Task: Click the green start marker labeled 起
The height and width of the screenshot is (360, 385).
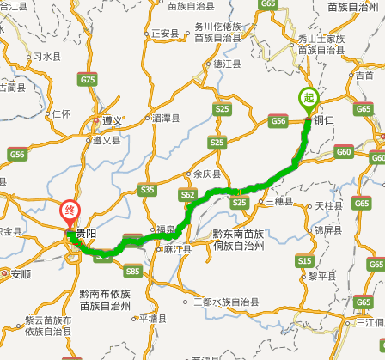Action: pyautogui.click(x=307, y=99)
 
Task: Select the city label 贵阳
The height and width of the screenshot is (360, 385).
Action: pyautogui.click(x=86, y=234)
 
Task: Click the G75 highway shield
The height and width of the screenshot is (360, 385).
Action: pyautogui.click(x=87, y=79)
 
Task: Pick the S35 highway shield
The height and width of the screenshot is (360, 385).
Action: pyautogui.click(x=147, y=189)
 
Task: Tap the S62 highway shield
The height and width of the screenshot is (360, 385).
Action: pyautogui.click(x=187, y=195)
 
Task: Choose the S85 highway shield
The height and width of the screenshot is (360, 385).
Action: pyautogui.click(x=132, y=271)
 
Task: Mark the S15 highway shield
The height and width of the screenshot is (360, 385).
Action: pyautogui.click(x=304, y=260)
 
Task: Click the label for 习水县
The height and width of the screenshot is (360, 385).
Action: pyautogui.click(x=46, y=57)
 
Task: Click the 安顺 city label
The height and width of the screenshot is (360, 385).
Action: pyautogui.click(x=20, y=274)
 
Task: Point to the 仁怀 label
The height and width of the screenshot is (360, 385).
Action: pyautogui.click(x=60, y=113)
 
